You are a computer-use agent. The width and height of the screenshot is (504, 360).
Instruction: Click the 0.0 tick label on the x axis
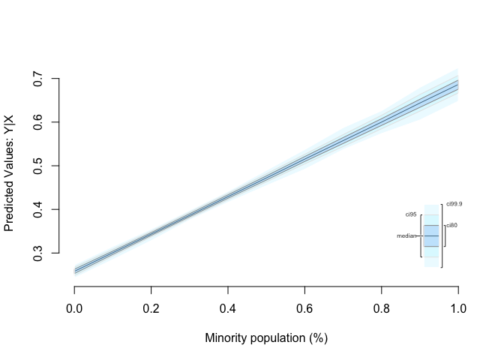74,307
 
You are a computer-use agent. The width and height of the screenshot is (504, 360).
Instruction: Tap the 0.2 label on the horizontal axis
151,307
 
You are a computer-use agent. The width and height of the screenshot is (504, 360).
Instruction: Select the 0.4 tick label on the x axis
228,307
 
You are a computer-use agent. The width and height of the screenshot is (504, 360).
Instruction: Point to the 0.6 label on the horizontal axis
304,307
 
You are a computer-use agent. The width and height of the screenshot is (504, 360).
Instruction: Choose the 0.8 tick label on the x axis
381,307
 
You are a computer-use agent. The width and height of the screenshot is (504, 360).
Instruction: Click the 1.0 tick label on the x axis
457,307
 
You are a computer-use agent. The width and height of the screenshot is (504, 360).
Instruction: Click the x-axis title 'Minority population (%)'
266,338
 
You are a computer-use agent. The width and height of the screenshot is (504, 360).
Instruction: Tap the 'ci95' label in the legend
410,214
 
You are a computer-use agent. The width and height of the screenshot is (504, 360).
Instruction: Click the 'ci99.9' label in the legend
454,203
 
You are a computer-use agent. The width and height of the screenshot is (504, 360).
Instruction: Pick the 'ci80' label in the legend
451,225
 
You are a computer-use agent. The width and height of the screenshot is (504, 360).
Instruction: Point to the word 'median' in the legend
406,235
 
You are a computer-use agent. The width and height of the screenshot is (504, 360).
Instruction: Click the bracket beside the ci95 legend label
421,235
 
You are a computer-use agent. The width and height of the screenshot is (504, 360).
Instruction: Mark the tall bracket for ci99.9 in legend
442,235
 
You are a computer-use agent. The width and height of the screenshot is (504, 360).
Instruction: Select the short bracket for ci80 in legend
445,235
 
